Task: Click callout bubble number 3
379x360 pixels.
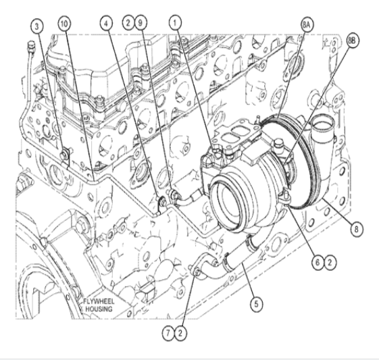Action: (37, 26)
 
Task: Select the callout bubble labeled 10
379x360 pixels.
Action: (64, 24)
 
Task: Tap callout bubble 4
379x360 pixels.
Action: (106, 23)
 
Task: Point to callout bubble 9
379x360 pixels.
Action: (141, 23)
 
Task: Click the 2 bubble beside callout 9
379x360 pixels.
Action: (128, 23)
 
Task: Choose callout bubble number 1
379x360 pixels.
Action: (175, 22)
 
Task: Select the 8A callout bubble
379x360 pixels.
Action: (307, 24)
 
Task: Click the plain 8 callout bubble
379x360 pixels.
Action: (356, 229)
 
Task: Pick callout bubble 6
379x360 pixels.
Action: (318, 262)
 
